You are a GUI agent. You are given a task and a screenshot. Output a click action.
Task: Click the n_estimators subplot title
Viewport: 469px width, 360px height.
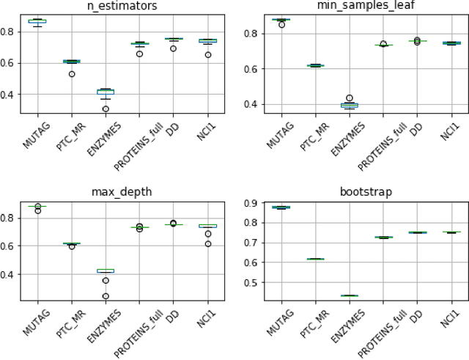tap(122, 7)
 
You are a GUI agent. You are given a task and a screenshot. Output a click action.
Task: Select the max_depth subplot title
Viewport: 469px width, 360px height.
tap(122, 192)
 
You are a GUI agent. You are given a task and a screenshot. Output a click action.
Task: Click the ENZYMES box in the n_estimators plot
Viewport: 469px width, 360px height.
tap(106, 92)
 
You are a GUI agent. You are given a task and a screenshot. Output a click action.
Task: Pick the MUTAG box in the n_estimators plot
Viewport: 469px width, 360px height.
tap(37, 21)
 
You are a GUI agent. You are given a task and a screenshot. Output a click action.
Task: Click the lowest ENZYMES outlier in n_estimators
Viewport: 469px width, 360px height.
tap(106, 109)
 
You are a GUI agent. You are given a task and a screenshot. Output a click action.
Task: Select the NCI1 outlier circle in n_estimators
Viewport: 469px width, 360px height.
tap(209, 54)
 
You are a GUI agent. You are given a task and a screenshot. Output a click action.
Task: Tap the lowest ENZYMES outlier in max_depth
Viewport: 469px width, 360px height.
tap(106, 297)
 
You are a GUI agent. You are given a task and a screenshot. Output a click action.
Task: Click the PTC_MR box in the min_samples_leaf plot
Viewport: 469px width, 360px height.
tap(295, 65)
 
